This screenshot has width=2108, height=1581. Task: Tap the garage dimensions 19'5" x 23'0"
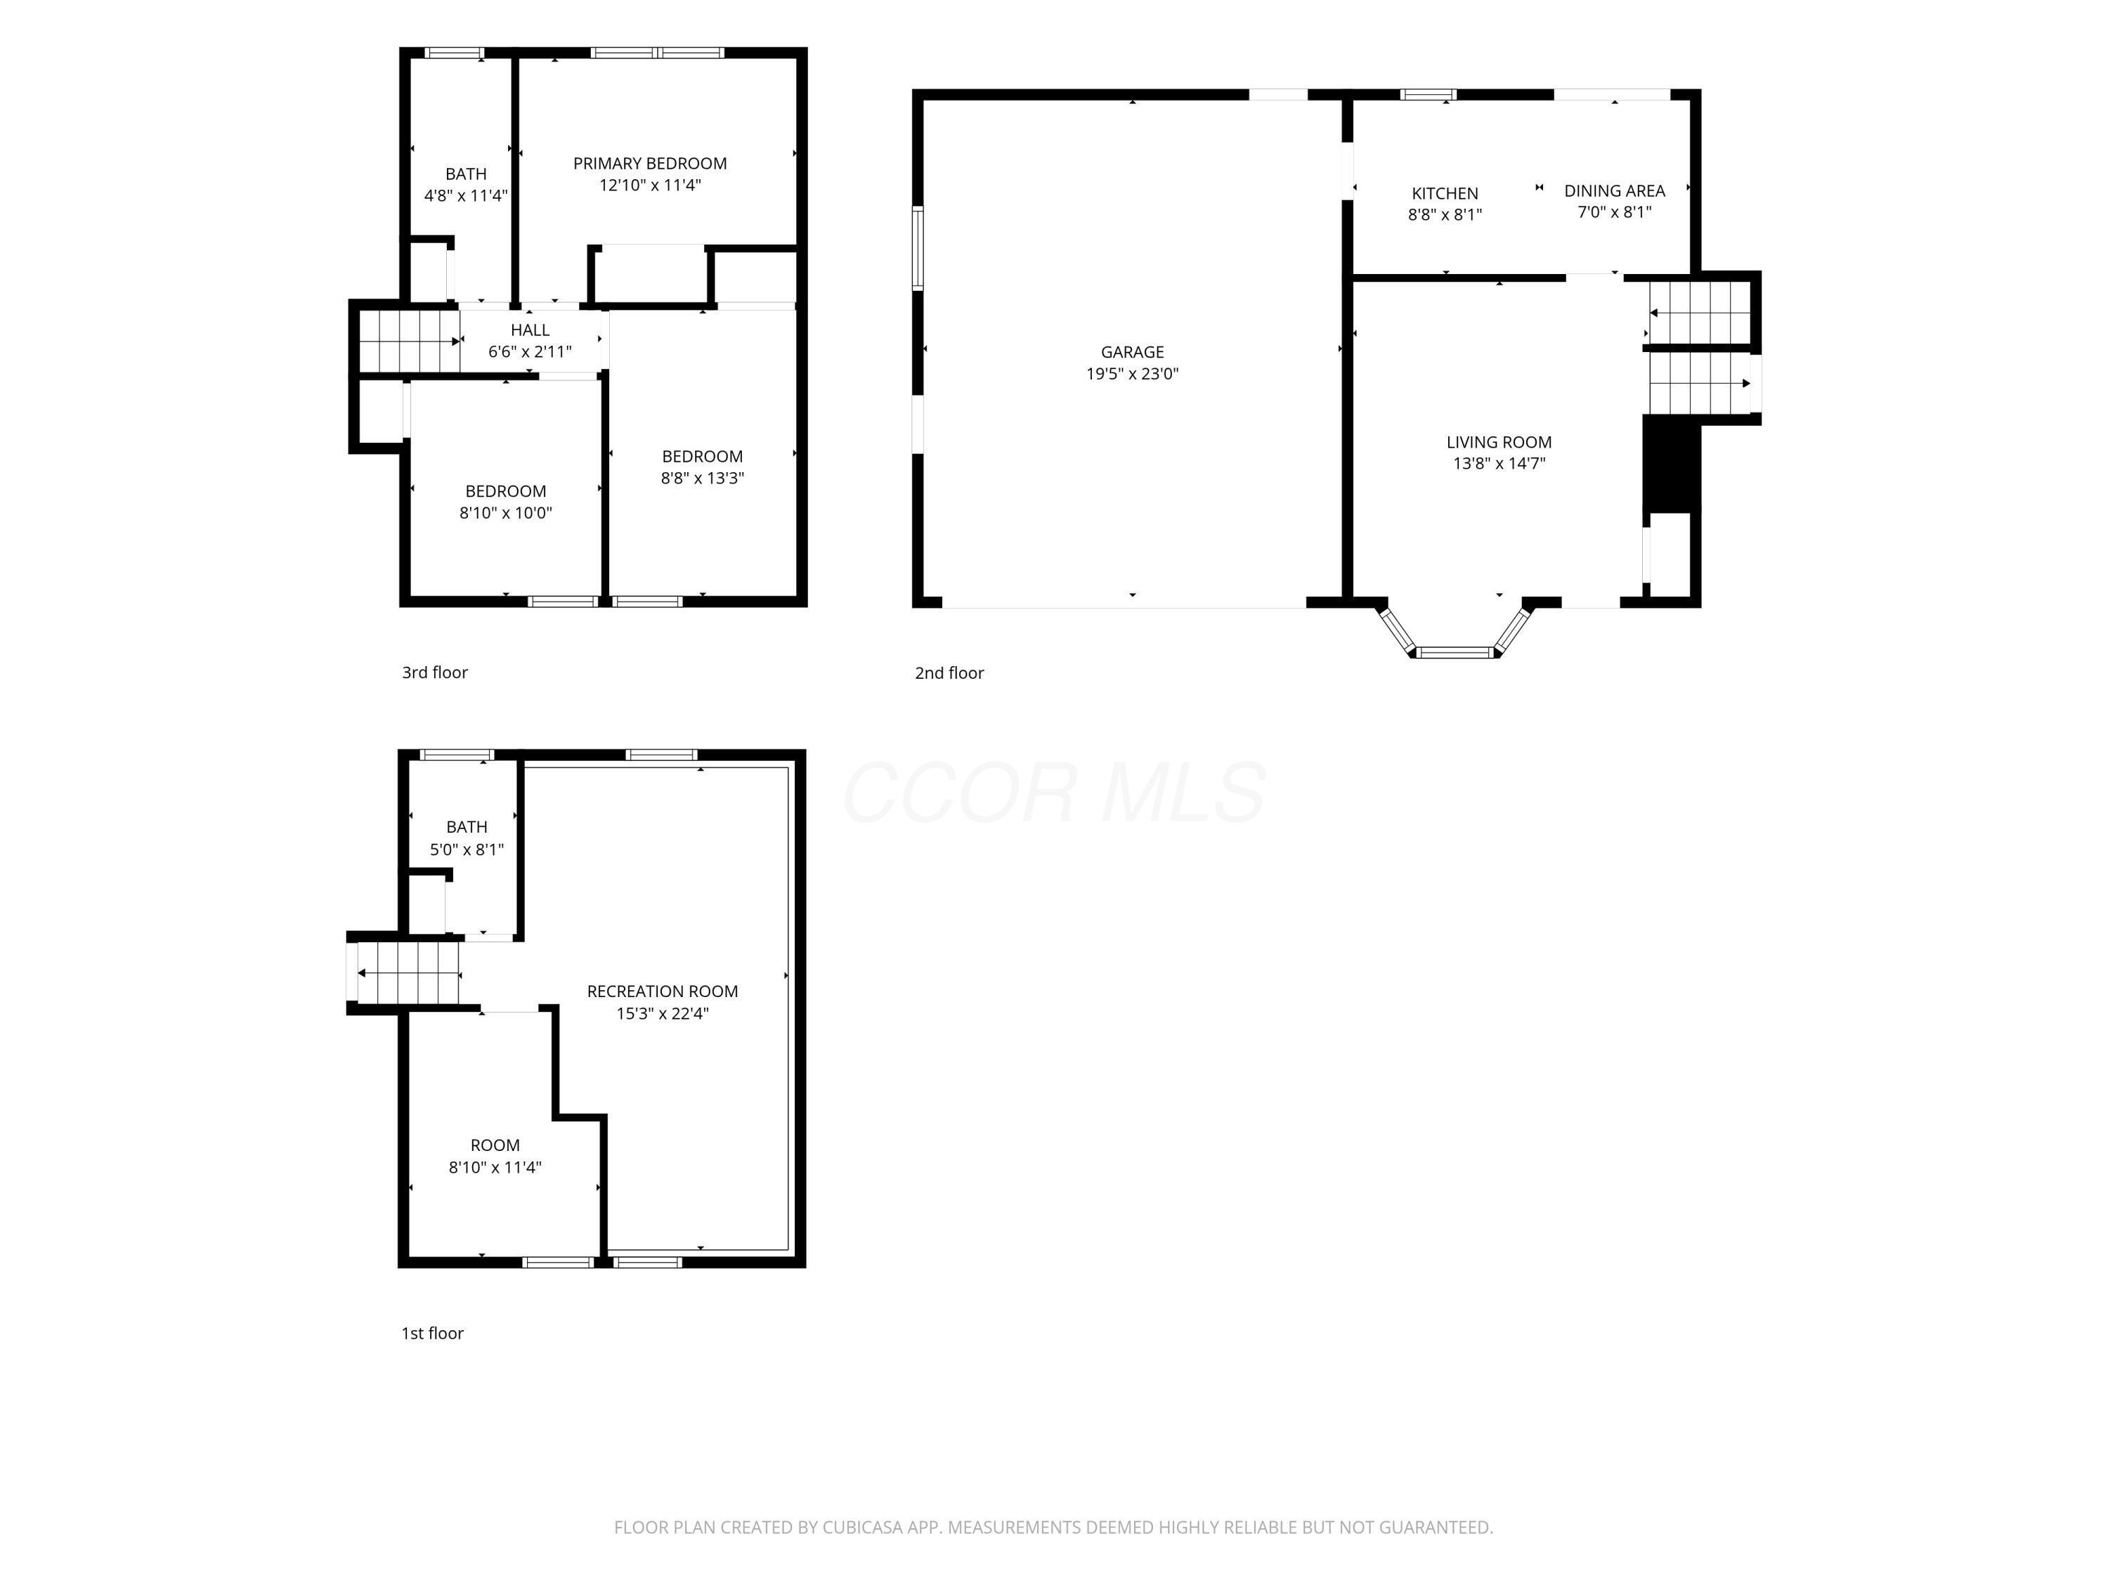(1132, 374)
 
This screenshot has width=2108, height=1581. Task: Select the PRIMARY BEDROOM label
(650, 164)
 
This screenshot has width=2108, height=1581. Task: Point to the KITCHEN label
(1445, 193)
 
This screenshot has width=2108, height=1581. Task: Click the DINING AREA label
(1614, 190)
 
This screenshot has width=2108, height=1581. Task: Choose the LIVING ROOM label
(1499, 442)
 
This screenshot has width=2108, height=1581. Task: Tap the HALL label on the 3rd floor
(530, 330)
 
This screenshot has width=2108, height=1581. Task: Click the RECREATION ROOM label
(663, 991)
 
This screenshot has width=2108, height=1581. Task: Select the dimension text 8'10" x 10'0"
(506, 513)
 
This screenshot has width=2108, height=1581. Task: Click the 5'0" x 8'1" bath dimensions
(467, 849)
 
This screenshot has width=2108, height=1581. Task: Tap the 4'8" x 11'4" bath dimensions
(466, 195)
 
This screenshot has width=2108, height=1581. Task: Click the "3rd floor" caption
(434, 673)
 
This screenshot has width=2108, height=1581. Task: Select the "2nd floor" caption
(949, 673)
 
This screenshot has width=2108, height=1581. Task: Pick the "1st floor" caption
(433, 1333)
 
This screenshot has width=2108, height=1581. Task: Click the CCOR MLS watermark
(1054, 793)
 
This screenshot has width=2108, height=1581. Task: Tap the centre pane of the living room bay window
(1455, 653)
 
